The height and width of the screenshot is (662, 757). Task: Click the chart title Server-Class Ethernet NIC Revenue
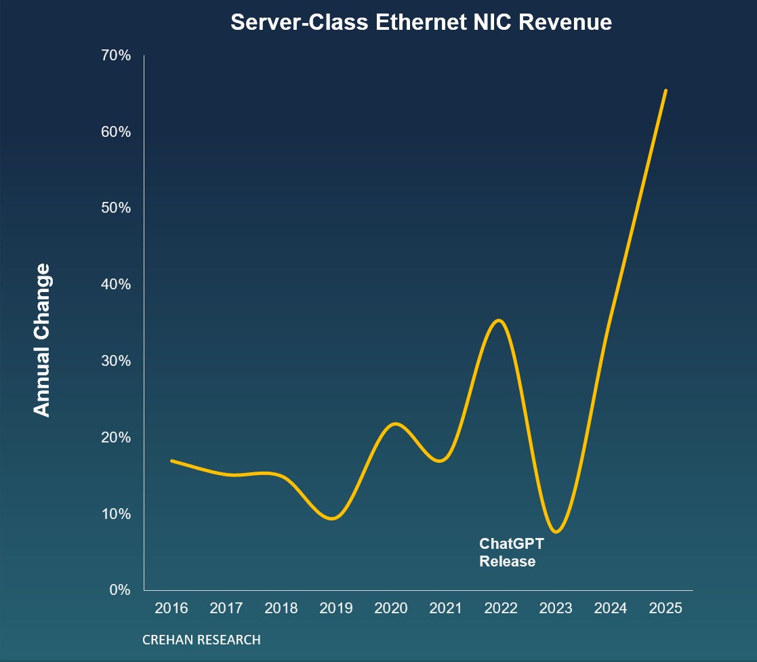421,22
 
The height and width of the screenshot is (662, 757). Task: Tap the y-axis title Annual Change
42,340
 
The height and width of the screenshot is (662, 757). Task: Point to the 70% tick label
115,55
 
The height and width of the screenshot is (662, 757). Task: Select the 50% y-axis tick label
115,207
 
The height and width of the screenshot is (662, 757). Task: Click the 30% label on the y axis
115,360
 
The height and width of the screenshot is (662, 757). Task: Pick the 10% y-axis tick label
115,514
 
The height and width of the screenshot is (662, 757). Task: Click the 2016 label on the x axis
171,608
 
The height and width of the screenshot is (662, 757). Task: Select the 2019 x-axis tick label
336,608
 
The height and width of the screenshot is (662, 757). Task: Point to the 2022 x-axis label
501,608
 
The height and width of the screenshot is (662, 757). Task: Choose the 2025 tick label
666,608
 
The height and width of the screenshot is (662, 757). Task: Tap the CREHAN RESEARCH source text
201,640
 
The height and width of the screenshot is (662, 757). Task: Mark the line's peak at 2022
499,320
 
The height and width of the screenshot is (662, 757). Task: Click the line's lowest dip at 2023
556,532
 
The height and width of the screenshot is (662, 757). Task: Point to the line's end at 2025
666,90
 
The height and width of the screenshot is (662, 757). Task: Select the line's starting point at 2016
171,461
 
